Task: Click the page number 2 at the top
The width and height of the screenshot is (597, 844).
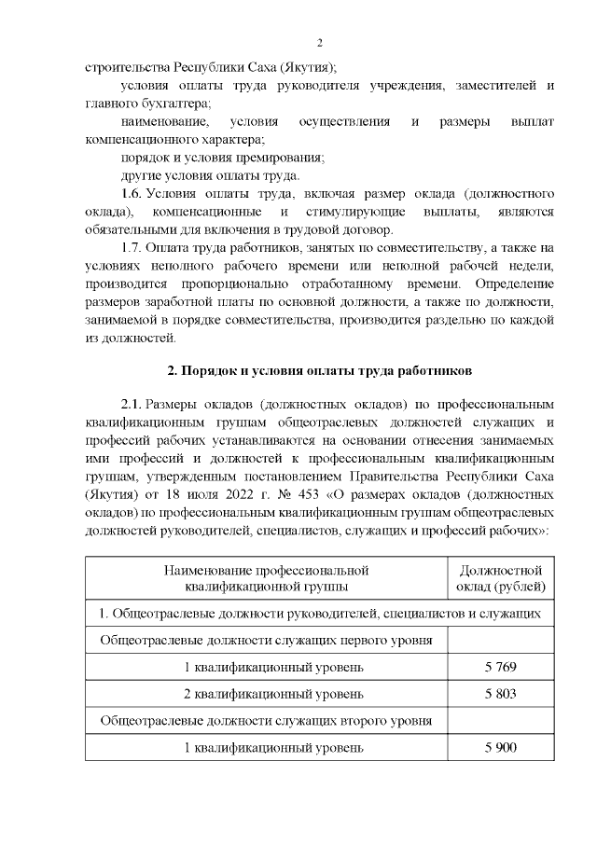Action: tap(319, 43)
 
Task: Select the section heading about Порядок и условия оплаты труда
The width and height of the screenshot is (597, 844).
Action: tap(320, 371)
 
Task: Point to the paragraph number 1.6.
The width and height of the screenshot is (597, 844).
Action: tap(132, 194)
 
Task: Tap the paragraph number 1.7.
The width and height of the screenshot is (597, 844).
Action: tap(132, 247)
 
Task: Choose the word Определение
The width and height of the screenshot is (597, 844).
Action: tap(515, 283)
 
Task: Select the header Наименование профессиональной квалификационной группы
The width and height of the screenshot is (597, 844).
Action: tap(267, 578)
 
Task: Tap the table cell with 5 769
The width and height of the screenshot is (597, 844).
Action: tap(500, 668)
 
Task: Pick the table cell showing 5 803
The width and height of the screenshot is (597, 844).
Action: tap(500, 695)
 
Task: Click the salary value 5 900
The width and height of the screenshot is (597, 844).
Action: tap(500, 748)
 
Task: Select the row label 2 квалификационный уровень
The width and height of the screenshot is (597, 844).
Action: tap(267, 695)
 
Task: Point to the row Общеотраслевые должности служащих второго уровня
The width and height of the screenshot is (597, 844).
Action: tap(267, 721)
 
